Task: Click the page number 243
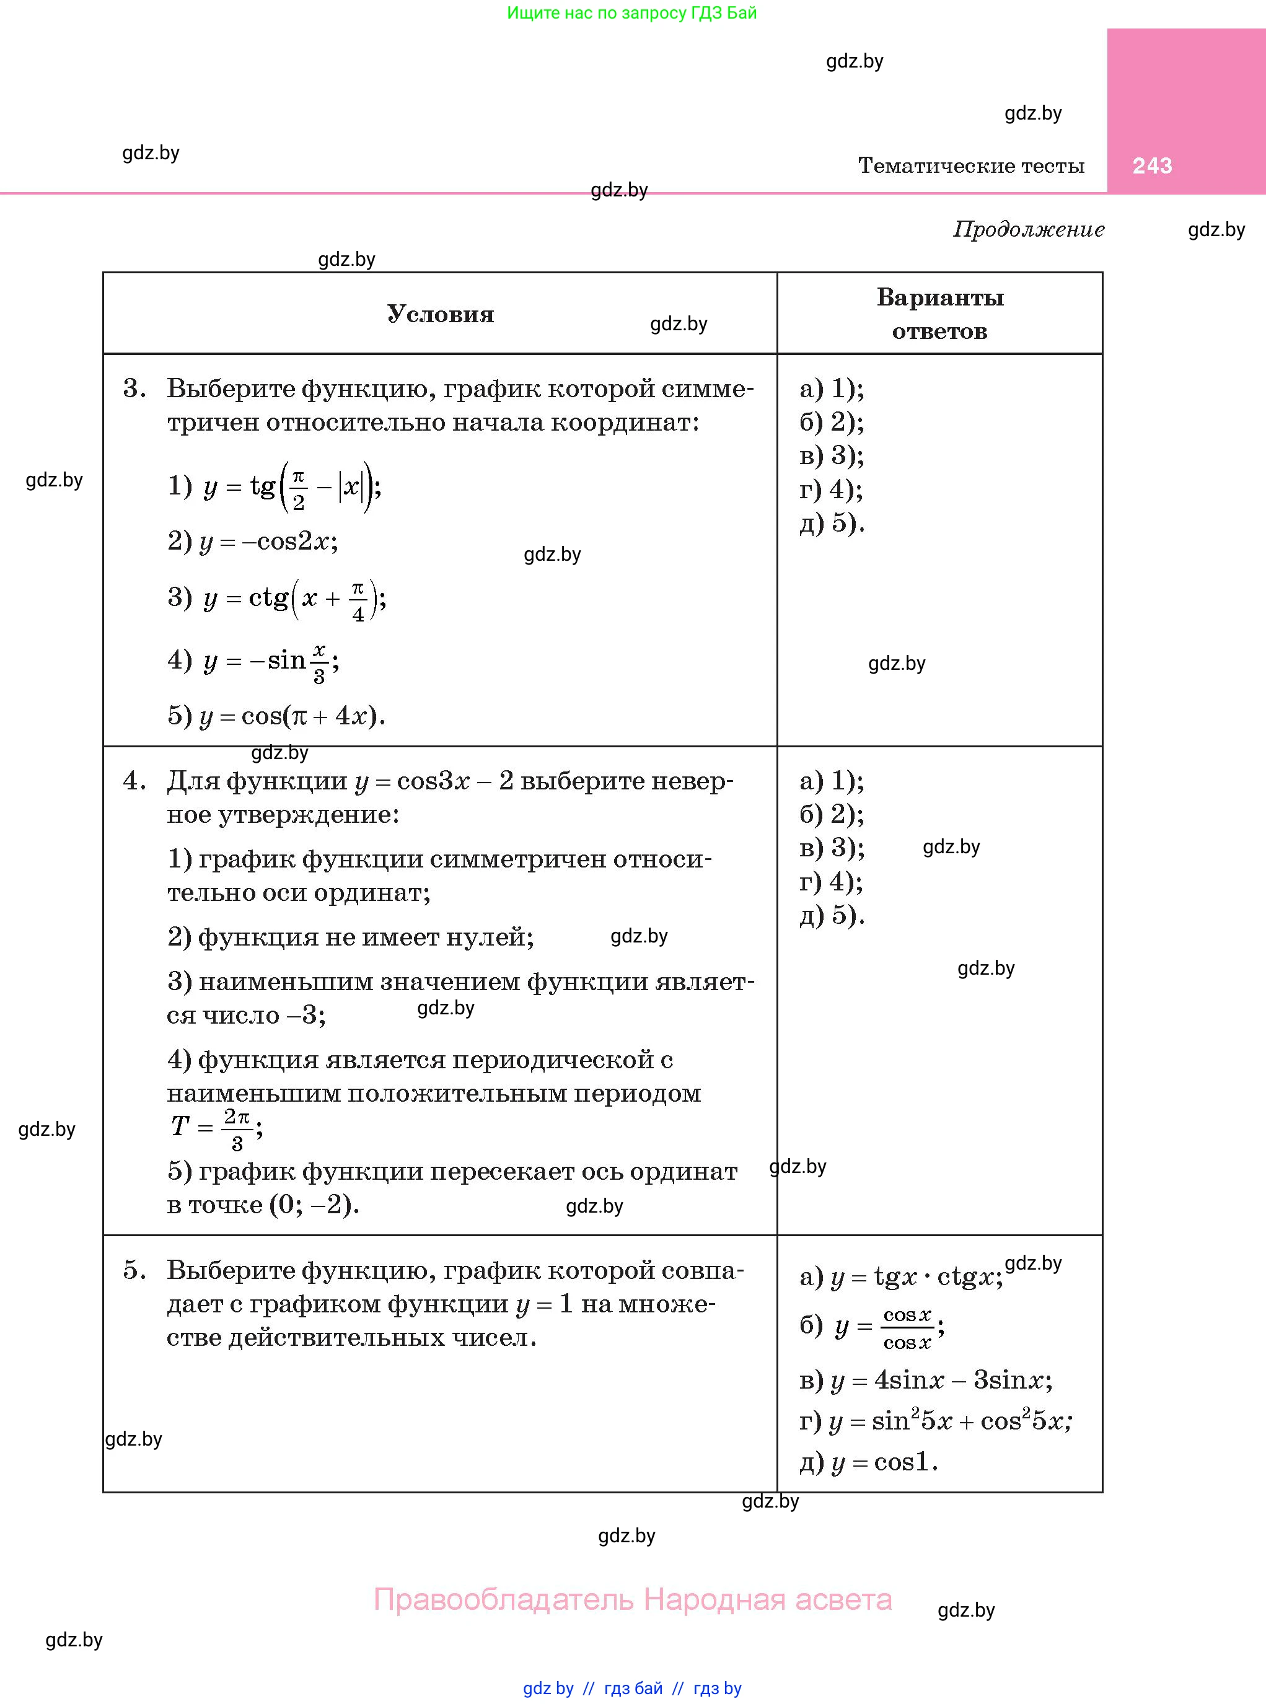(x=1152, y=165)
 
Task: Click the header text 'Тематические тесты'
(x=971, y=165)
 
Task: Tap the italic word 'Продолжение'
(x=1029, y=229)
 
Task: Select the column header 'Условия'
(x=440, y=314)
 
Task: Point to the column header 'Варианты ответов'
(x=939, y=314)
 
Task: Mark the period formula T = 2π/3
(x=216, y=1126)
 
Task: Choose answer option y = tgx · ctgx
(x=901, y=1277)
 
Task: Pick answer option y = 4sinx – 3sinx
(x=926, y=1380)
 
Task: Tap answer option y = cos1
(x=869, y=1462)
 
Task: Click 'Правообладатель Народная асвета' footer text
(x=632, y=1600)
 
